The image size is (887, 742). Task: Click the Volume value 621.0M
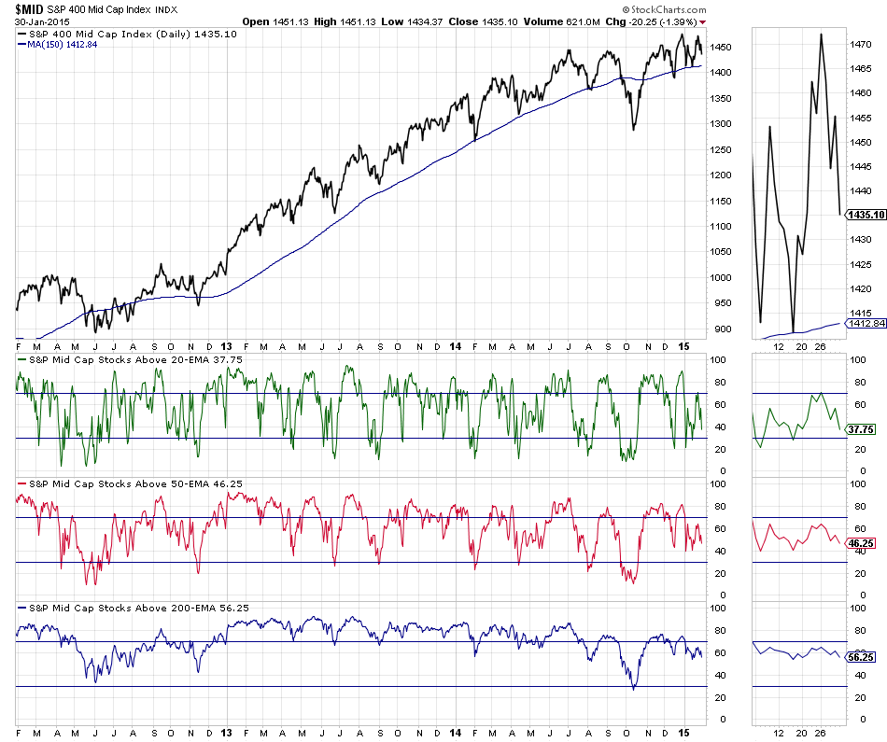pyautogui.click(x=580, y=21)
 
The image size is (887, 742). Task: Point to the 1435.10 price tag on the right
pyautogui.click(x=866, y=215)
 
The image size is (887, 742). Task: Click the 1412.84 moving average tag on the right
pyautogui.click(x=866, y=324)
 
